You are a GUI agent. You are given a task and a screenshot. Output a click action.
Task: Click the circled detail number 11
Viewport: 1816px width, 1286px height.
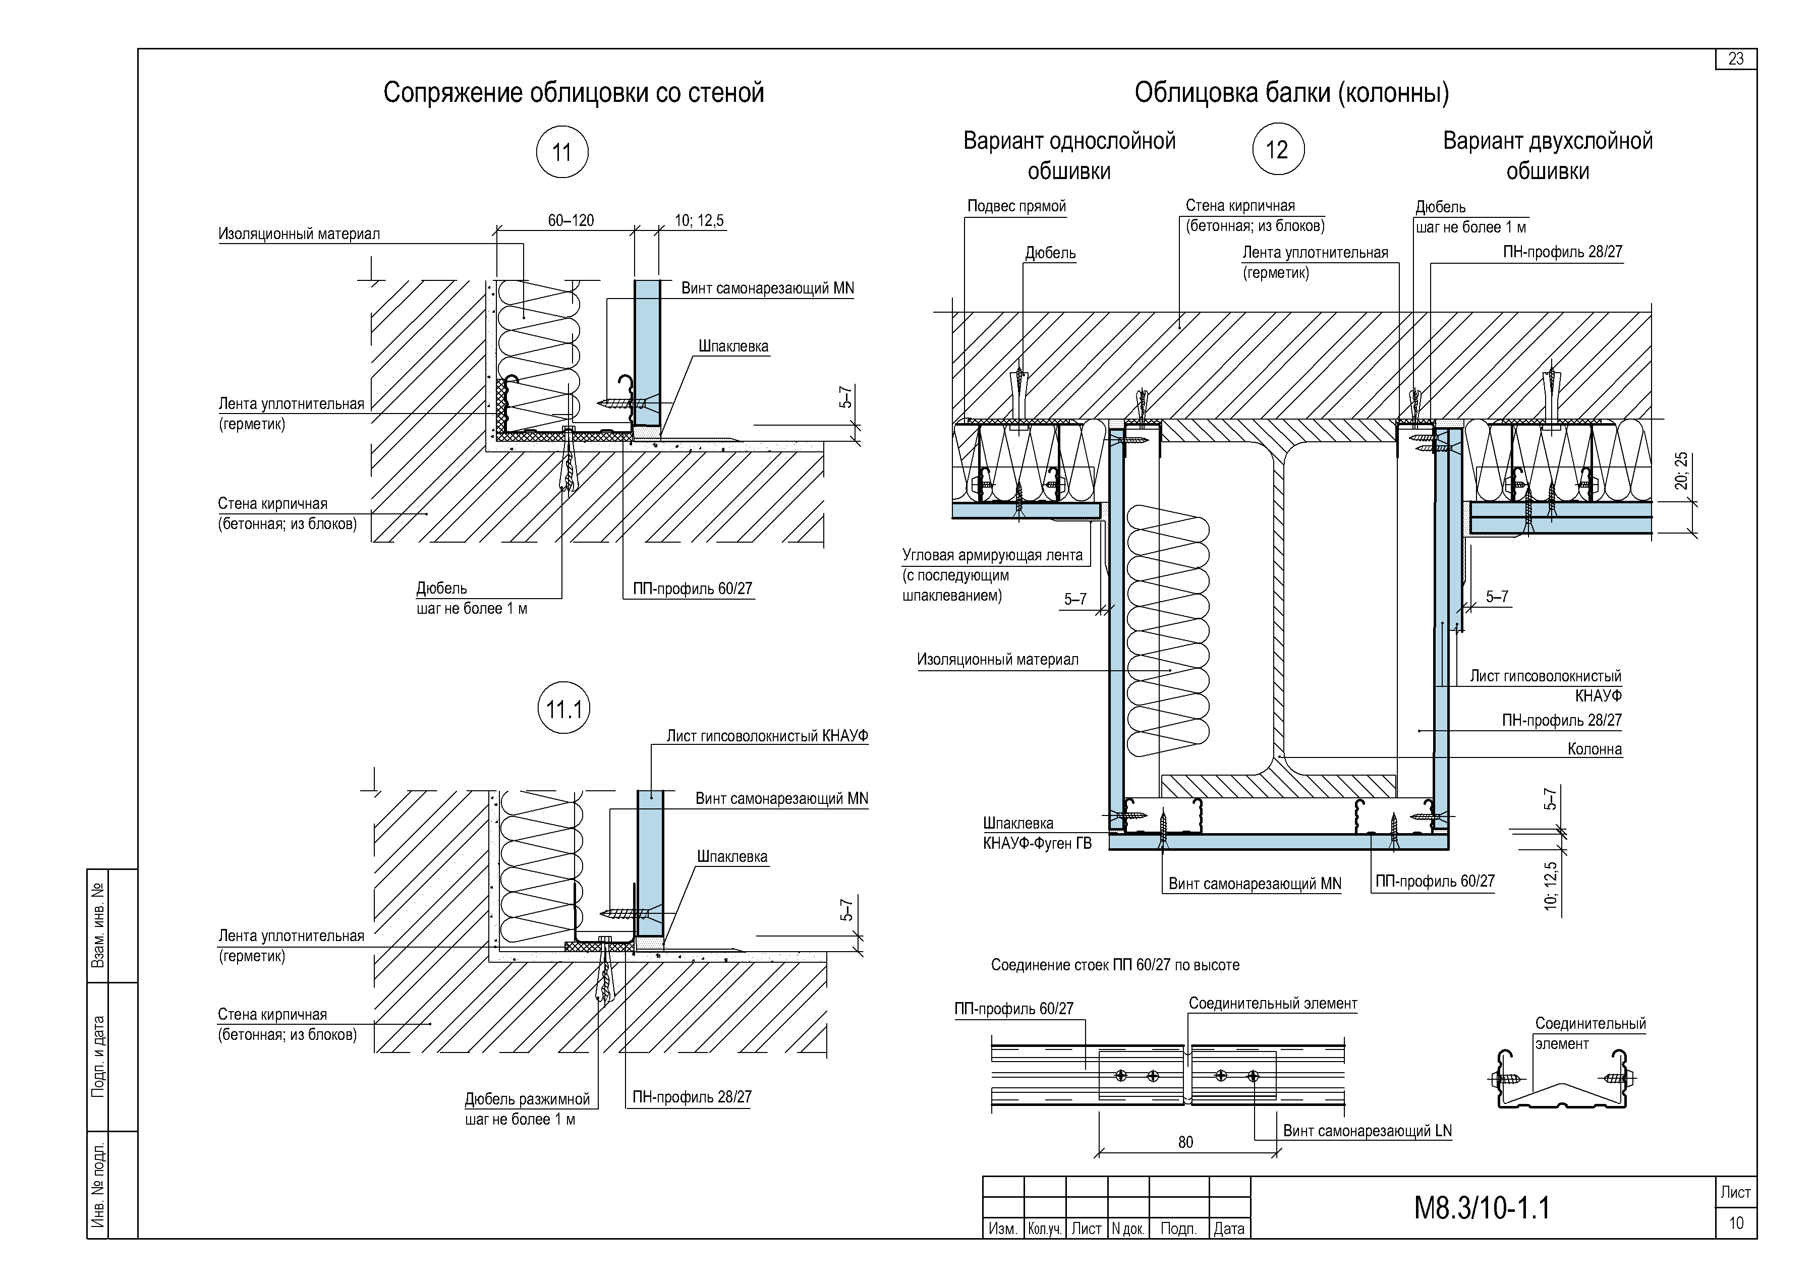pos(562,151)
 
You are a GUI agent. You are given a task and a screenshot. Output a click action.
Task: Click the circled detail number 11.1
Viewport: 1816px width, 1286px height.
pos(564,708)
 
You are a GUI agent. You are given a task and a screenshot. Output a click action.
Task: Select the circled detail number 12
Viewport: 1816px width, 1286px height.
pos(1277,149)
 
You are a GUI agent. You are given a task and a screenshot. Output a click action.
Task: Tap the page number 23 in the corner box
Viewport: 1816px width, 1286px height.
pos(1736,59)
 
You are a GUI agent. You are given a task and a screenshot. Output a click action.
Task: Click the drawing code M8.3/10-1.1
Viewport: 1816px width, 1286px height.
pos(1482,1208)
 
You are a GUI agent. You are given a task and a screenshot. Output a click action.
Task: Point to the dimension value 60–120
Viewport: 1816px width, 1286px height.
pos(571,220)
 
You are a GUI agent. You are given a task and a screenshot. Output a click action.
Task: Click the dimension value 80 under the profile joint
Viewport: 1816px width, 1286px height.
pos(1185,1142)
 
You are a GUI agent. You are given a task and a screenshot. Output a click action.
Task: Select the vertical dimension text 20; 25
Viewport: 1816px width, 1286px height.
pos(1681,471)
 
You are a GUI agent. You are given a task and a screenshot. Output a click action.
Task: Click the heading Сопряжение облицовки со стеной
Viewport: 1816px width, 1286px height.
pos(574,93)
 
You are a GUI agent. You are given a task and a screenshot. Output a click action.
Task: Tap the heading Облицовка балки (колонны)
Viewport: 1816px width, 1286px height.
pos(1292,93)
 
